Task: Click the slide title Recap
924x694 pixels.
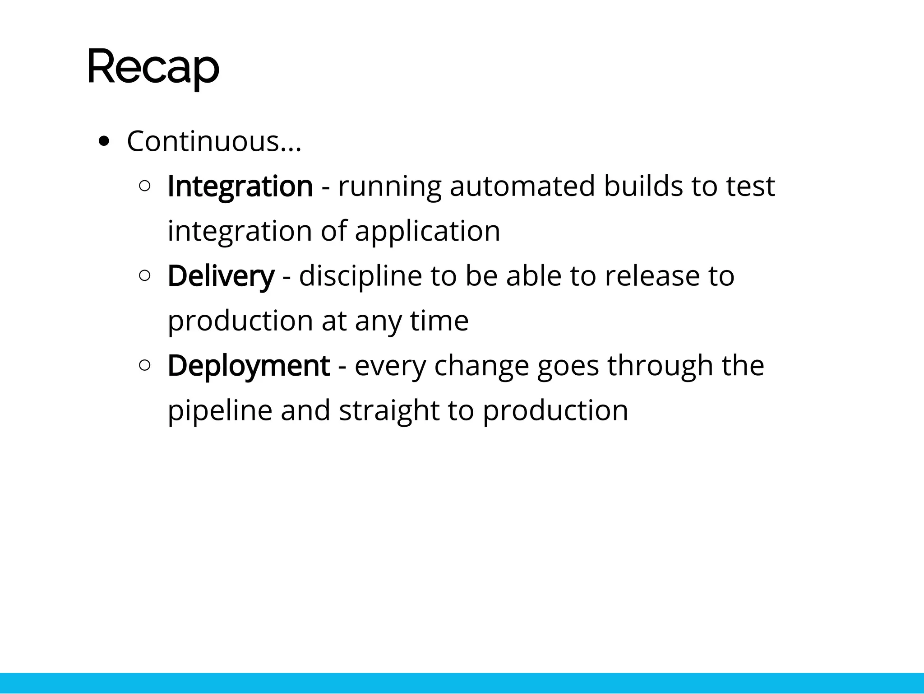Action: point(153,68)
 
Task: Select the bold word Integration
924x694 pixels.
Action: point(240,186)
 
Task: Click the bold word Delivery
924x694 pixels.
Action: point(221,276)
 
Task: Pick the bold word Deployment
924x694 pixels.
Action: point(249,365)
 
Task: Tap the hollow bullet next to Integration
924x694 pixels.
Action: point(145,186)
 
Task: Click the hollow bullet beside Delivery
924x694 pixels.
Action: point(145,275)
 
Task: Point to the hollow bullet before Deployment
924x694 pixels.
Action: point(145,365)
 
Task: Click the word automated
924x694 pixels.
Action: point(522,186)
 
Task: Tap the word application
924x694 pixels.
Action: point(427,231)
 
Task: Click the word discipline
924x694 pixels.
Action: point(360,276)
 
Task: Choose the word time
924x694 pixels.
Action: point(439,321)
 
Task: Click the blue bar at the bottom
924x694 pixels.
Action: point(462,682)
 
